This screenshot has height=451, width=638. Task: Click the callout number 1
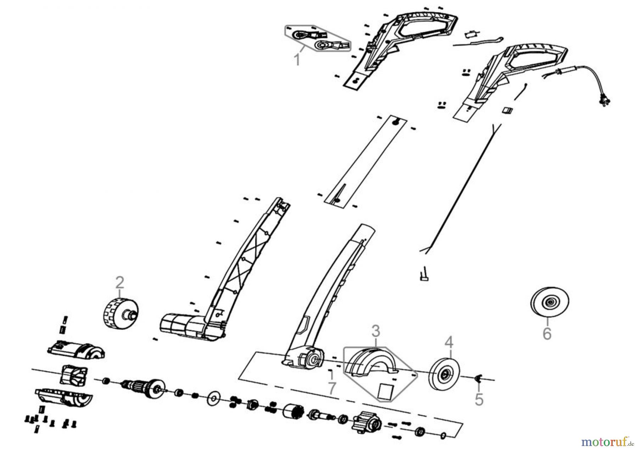pos(297,60)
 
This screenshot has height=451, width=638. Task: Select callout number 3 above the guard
pos(376,331)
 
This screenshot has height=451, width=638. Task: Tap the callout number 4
pos(449,343)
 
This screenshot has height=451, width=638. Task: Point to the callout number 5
pos(479,400)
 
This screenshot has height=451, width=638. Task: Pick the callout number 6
pos(547,334)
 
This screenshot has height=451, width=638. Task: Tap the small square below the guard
pos(386,392)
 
